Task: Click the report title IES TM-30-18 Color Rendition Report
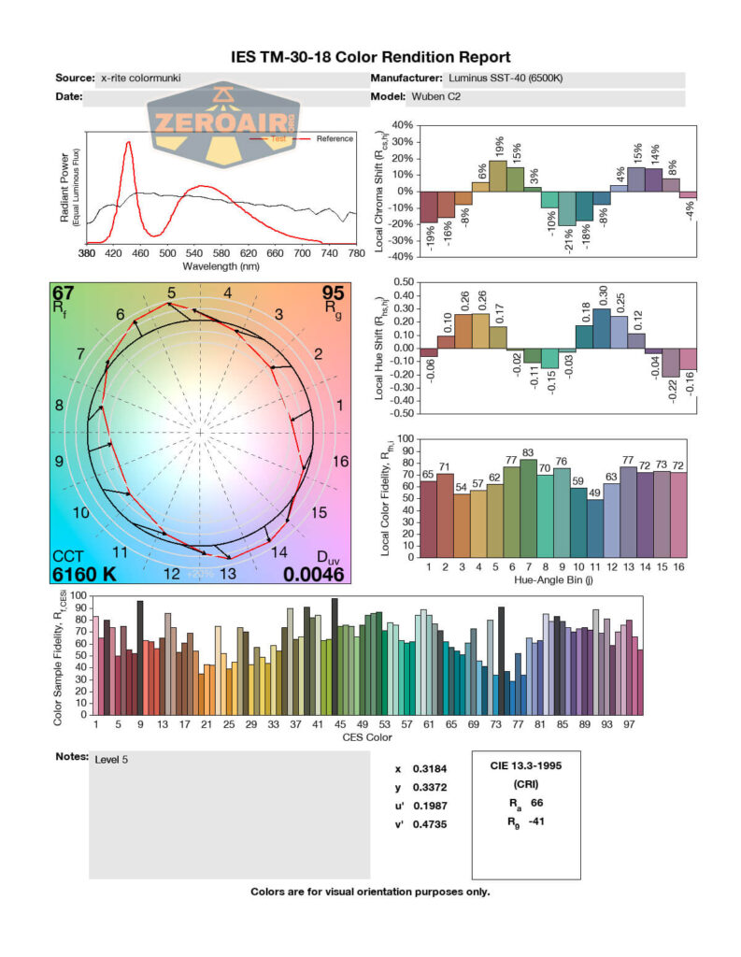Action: tap(371, 57)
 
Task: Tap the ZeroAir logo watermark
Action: tap(222, 122)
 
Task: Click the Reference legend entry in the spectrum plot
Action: tap(334, 139)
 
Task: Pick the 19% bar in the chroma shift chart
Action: tap(498, 176)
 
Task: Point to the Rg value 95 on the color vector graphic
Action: tap(334, 292)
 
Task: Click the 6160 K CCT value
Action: tap(85, 574)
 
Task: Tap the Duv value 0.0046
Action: tap(313, 574)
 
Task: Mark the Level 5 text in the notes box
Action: tap(111, 759)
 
